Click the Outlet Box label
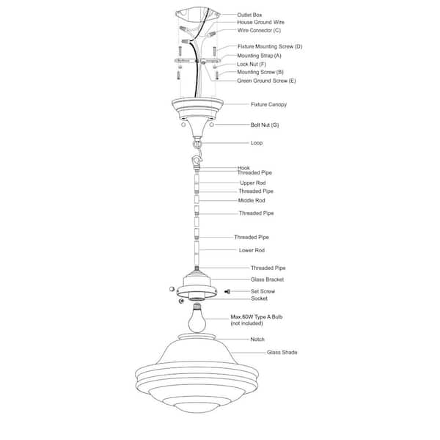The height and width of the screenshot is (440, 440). [x=249, y=15]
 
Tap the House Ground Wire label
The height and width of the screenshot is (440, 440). [x=260, y=22]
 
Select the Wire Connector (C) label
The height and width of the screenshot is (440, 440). [x=259, y=30]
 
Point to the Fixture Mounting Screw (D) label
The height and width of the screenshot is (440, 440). [x=270, y=47]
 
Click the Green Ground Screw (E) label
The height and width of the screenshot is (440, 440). [x=267, y=81]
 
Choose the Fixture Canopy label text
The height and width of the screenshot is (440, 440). [x=269, y=104]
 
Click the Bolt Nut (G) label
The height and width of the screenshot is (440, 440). [x=265, y=125]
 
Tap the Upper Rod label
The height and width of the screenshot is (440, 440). [x=253, y=183]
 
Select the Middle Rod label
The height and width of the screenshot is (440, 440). [x=252, y=200]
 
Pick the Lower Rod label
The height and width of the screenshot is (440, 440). [x=252, y=250]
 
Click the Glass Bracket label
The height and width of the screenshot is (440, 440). [x=268, y=279]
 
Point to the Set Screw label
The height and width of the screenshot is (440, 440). [x=263, y=291]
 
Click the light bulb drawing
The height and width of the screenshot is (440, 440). [x=197, y=318]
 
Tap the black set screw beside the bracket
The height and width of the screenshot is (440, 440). [x=227, y=292]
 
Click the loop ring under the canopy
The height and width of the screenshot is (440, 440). [x=197, y=144]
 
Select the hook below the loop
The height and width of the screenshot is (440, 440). [x=197, y=162]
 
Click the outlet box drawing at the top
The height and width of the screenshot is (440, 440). [x=198, y=15]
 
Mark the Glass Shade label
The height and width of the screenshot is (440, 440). [x=282, y=352]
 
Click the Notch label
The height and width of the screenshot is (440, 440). [x=257, y=340]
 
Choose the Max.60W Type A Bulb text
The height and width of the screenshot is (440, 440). [x=257, y=317]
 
